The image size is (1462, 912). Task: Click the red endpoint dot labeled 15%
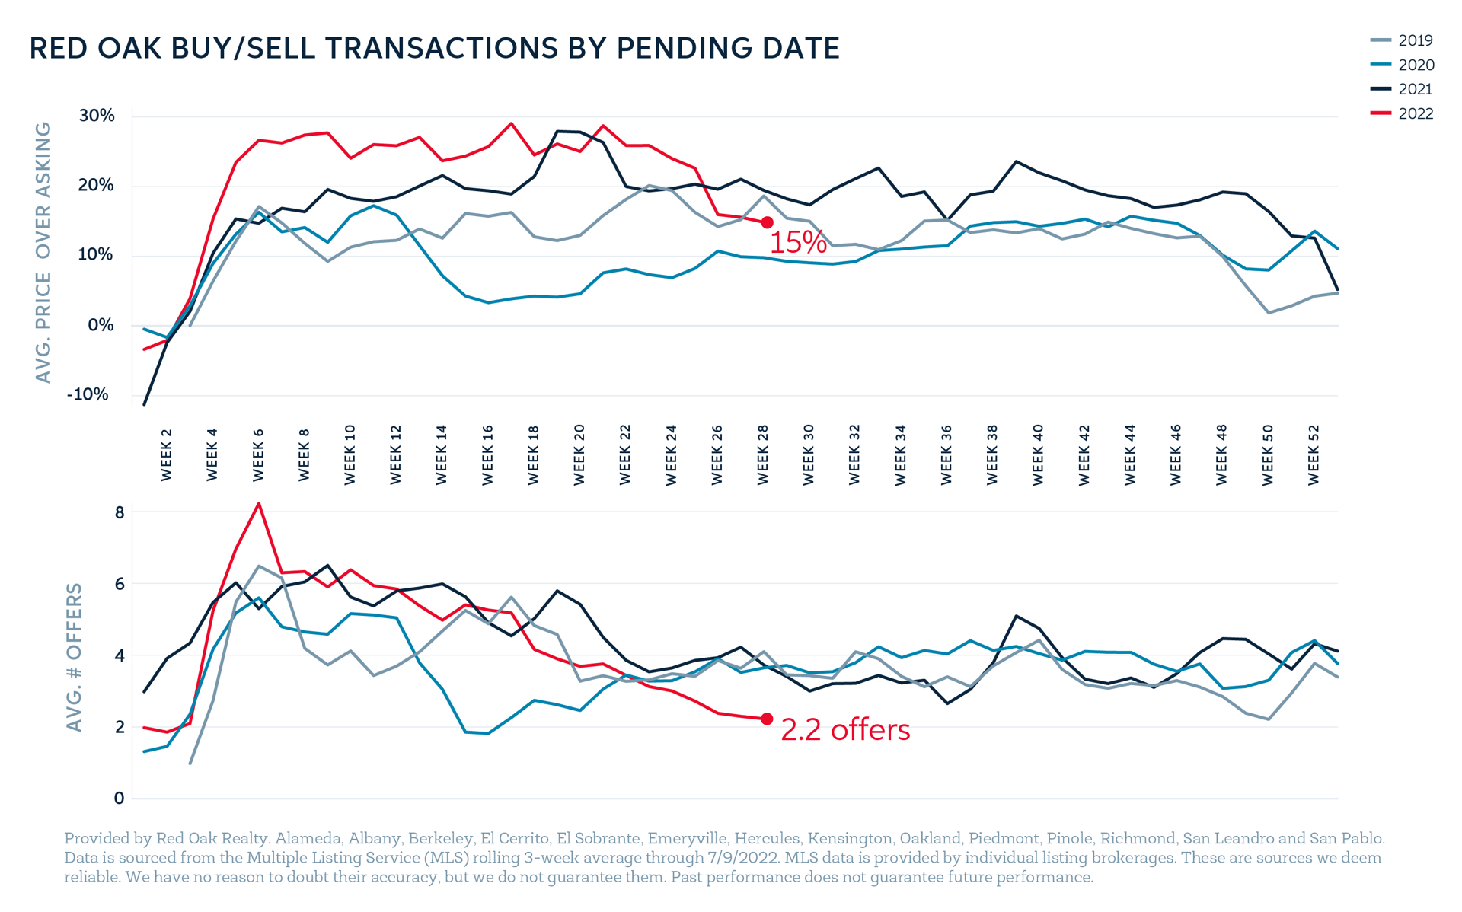[x=768, y=222]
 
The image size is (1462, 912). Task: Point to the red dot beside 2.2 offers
[x=768, y=719]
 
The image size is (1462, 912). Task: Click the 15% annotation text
[x=797, y=243]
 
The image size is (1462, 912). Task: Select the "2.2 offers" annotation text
[x=845, y=730]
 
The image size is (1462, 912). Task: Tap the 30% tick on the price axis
[x=97, y=116]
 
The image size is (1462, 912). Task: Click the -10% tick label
[x=88, y=394]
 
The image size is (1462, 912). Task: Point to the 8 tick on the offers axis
[x=120, y=512]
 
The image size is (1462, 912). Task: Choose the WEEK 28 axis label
[x=763, y=454]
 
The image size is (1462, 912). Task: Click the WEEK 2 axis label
[x=167, y=454]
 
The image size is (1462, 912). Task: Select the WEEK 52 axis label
[x=1314, y=454]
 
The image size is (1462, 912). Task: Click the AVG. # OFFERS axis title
[x=74, y=657]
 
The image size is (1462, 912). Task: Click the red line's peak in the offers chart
[x=259, y=503]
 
